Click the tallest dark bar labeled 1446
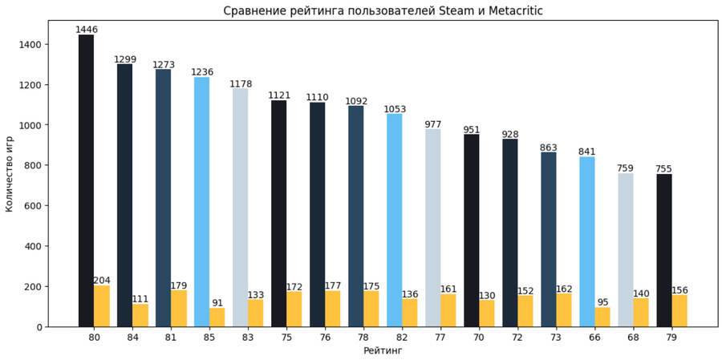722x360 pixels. point(86,180)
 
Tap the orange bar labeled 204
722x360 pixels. point(101,306)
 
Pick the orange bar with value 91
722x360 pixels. point(217,318)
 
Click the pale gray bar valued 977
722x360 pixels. point(432,228)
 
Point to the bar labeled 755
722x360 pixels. point(663,250)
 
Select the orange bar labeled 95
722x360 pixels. point(602,317)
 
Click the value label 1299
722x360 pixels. point(124,59)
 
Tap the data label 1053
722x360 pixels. point(395,109)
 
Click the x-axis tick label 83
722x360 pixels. point(248,338)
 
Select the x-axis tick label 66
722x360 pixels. point(594,338)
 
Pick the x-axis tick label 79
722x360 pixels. point(671,338)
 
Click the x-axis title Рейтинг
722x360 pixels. point(383,350)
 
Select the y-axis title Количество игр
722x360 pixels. point(10,174)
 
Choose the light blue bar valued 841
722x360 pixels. point(587,241)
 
